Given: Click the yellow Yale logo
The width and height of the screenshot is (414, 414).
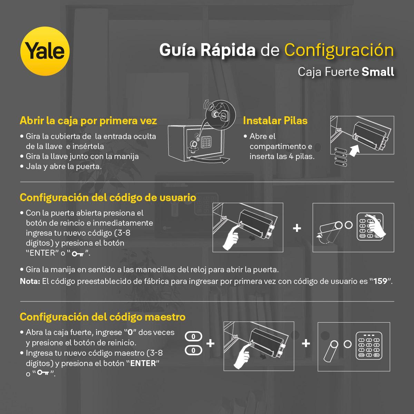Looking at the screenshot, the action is (x=45, y=51).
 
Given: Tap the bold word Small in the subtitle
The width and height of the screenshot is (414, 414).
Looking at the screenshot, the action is (x=378, y=71).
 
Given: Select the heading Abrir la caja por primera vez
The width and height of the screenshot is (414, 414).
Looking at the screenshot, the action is (x=88, y=121).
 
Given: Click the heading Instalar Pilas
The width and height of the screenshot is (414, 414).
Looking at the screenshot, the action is (x=275, y=120).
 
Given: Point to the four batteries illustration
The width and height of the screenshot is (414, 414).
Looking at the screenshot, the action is (x=341, y=156).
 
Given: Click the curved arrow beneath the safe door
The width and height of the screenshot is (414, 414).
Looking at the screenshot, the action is (x=209, y=160).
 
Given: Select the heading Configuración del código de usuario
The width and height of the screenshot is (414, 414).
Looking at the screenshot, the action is (x=108, y=198).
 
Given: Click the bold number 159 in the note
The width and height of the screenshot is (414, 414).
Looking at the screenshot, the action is (x=380, y=281).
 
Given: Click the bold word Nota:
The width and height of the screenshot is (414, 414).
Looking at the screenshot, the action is (x=30, y=281).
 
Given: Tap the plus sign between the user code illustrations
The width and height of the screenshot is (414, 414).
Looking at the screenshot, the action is (x=297, y=228).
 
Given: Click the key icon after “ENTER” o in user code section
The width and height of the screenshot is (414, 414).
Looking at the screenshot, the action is (x=78, y=254).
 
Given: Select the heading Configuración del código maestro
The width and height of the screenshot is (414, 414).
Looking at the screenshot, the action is (x=102, y=317).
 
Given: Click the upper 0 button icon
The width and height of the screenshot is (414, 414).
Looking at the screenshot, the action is (x=193, y=336).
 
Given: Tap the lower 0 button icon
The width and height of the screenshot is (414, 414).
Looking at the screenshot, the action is (x=193, y=351).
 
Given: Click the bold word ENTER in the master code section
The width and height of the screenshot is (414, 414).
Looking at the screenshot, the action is (x=143, y=363).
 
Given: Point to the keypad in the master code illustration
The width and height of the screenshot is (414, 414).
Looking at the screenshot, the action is (x=369, y=346).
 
